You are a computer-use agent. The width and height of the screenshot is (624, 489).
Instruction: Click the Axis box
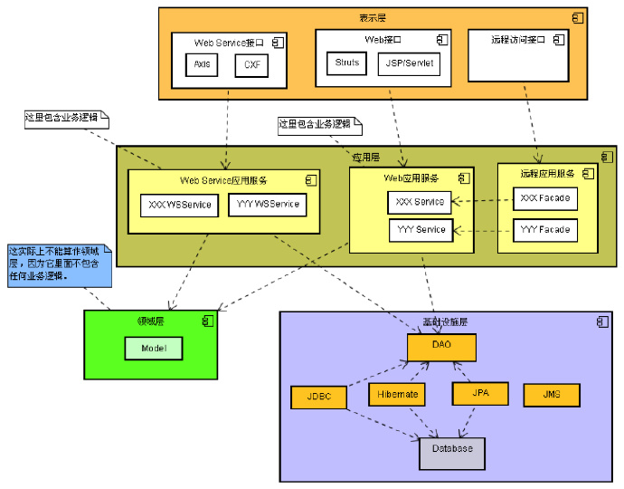coord(202,65)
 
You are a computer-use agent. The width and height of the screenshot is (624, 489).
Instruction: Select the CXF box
coord(251,65)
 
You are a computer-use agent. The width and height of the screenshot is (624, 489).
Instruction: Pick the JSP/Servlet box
coord(409,63)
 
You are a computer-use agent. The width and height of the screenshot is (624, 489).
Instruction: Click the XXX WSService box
coord(179,205)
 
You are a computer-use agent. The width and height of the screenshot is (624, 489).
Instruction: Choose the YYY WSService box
coord(267,205)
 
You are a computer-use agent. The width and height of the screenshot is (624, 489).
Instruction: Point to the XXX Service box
coord(421,202)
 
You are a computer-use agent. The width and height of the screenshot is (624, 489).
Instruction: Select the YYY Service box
coord(421,230)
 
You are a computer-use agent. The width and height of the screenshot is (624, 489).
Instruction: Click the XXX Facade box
coord(545,198)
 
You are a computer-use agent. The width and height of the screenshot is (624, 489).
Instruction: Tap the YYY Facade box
coord(545,230)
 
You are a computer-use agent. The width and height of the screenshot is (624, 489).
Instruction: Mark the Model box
coord(153,348)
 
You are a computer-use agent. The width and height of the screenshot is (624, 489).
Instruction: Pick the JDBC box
coord(319,397)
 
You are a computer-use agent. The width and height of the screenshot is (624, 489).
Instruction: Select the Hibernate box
coord(397,395)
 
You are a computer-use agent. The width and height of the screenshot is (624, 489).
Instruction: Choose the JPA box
coord(479,394)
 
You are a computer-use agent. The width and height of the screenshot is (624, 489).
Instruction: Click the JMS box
coord(551,395)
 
